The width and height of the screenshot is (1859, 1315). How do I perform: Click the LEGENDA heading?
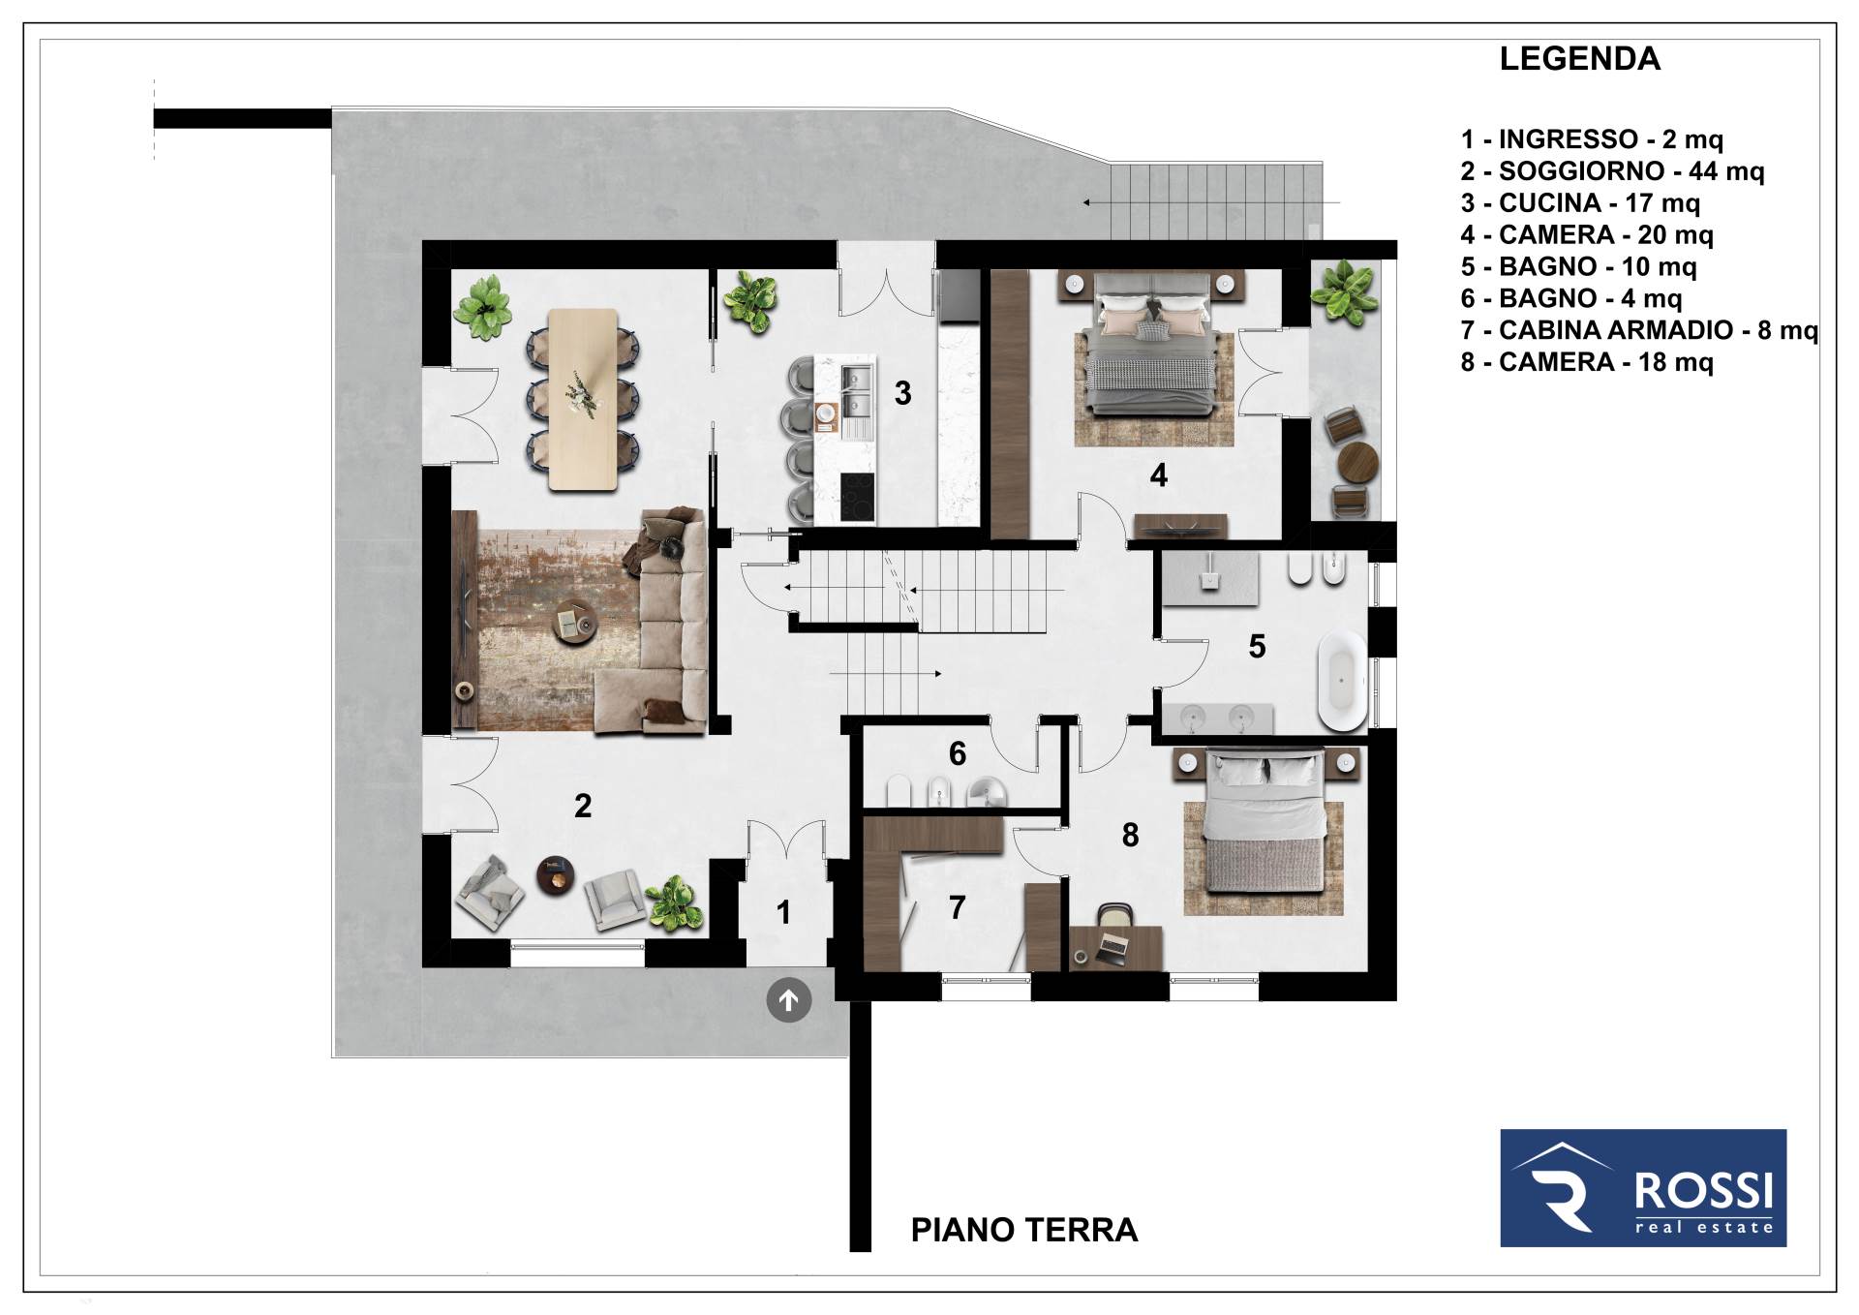point(1579,59)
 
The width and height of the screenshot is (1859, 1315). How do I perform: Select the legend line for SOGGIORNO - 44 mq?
point(1612,171)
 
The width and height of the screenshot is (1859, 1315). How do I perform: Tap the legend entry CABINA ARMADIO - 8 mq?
point(1639,330)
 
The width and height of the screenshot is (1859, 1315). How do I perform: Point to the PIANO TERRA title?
point(1024,1230)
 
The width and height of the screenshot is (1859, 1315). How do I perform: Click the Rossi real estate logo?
point(1643,1187)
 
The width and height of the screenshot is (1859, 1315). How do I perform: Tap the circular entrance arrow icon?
point(789,1000)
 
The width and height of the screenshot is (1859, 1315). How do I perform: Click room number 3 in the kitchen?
point(902,393)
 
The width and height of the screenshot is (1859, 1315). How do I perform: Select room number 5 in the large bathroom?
point(1257,646)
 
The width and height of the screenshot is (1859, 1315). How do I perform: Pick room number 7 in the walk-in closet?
point(957,907)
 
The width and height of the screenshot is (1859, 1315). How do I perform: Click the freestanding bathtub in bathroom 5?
point(1342,680)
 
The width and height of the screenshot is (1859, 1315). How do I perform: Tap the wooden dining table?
point(583,399)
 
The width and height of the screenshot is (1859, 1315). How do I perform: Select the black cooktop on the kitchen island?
point(857,497)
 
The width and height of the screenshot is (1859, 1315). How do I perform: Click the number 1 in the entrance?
point(783,912)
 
